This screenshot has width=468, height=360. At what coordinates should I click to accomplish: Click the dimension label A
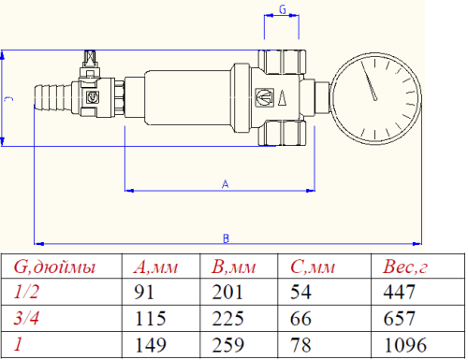225,184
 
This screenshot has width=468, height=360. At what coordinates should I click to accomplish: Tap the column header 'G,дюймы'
53,268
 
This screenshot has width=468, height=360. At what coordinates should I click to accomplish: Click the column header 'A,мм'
156,268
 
